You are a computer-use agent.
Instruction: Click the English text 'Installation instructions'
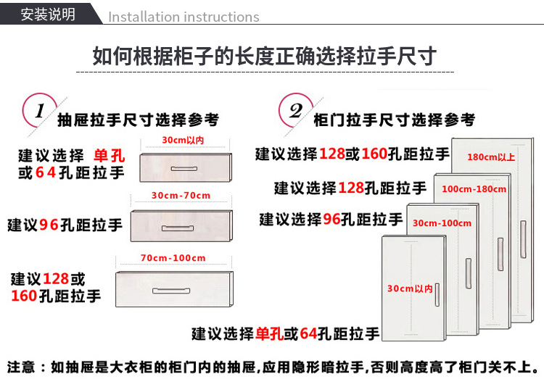point(184,17)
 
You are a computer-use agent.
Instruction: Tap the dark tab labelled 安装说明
point(49,14)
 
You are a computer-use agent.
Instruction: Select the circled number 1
point(40,111)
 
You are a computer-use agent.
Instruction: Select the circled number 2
point(296,111)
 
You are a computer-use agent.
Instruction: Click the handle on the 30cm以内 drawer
point(184,169)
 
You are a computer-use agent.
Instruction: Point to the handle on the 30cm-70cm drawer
point(178,228)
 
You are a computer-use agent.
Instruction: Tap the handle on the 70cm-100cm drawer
point(171,291)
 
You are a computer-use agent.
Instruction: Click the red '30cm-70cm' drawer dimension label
point(181,195)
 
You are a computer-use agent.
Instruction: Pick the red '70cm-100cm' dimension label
point(173,258)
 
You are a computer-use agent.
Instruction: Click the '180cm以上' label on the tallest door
point(491,157)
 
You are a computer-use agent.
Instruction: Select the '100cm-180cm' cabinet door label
point(474,189)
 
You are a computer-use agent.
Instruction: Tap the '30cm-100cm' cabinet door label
point(442,223)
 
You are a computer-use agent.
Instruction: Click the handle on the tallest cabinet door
point(523,239)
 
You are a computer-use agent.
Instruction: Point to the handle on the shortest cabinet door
point(437,295)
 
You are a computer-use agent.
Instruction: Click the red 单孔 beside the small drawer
point(110,155)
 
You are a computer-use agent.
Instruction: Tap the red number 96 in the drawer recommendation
point(49,225)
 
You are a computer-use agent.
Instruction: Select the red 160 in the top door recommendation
point(374,154)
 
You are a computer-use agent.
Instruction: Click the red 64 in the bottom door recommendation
point(308,333)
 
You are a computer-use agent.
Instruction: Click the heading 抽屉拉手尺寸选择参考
point(138,120)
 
